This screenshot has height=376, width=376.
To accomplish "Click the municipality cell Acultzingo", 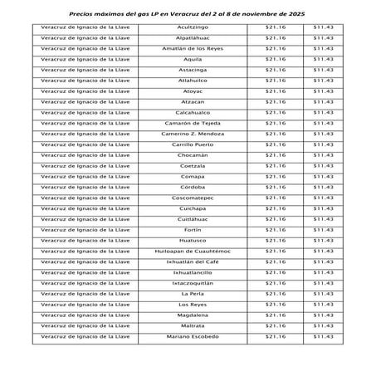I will pos(192,27).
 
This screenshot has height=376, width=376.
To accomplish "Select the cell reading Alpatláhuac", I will pos(192,38).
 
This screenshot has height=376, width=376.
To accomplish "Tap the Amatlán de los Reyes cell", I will pos(192,49).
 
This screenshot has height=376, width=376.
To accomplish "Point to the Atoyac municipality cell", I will pos(192,91).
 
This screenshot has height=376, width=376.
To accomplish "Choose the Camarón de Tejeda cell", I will pos(192,123).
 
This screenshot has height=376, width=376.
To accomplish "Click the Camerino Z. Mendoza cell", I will pos(192,134).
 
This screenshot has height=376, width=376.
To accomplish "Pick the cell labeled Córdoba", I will pos(192,187).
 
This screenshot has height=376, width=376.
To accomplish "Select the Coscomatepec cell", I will pos(192,198).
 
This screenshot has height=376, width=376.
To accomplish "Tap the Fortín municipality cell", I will pos(192,229).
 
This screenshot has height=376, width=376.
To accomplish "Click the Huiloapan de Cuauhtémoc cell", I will pos(192,251).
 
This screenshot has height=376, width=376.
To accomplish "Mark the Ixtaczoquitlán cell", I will pos(192,283).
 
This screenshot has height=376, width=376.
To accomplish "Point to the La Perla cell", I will pos(192,294).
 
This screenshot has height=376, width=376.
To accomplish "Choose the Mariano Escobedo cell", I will pos(192,336).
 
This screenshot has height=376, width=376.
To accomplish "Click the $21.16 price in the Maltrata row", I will pos(275,325).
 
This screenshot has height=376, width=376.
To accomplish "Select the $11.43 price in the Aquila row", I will pos(323,60).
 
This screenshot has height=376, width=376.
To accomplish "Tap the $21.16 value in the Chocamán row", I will pos(275,155).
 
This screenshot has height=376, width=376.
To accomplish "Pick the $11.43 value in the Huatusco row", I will pos(323,240).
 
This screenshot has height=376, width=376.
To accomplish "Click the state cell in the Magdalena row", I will pos(82,315).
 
